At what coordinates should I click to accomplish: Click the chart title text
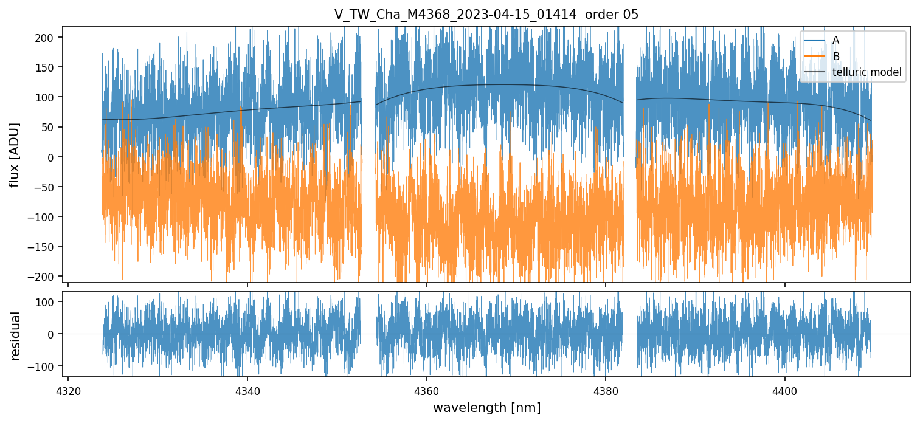[x=486, y=15]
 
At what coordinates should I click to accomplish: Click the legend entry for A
[x=835, y=40]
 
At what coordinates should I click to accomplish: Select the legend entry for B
[x=835, y=57]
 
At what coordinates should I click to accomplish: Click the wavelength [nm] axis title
[x=486, y=407]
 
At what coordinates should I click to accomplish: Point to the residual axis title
[x=15, y=335]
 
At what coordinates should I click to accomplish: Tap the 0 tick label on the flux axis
[x=52, y=157]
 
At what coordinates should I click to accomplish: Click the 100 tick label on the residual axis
[x=47, y=302]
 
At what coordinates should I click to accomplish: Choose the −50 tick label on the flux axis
[x=46, y=187]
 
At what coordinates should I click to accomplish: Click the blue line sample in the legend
[x=815, y=40]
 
